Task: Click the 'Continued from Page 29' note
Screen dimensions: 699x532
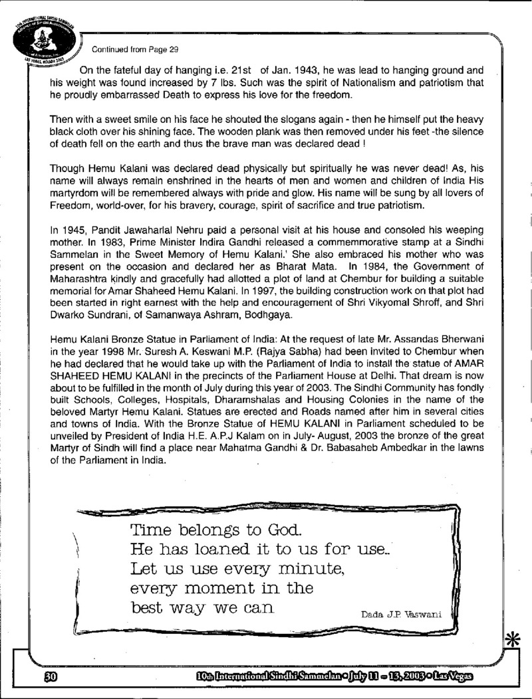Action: [x=135, y=49]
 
